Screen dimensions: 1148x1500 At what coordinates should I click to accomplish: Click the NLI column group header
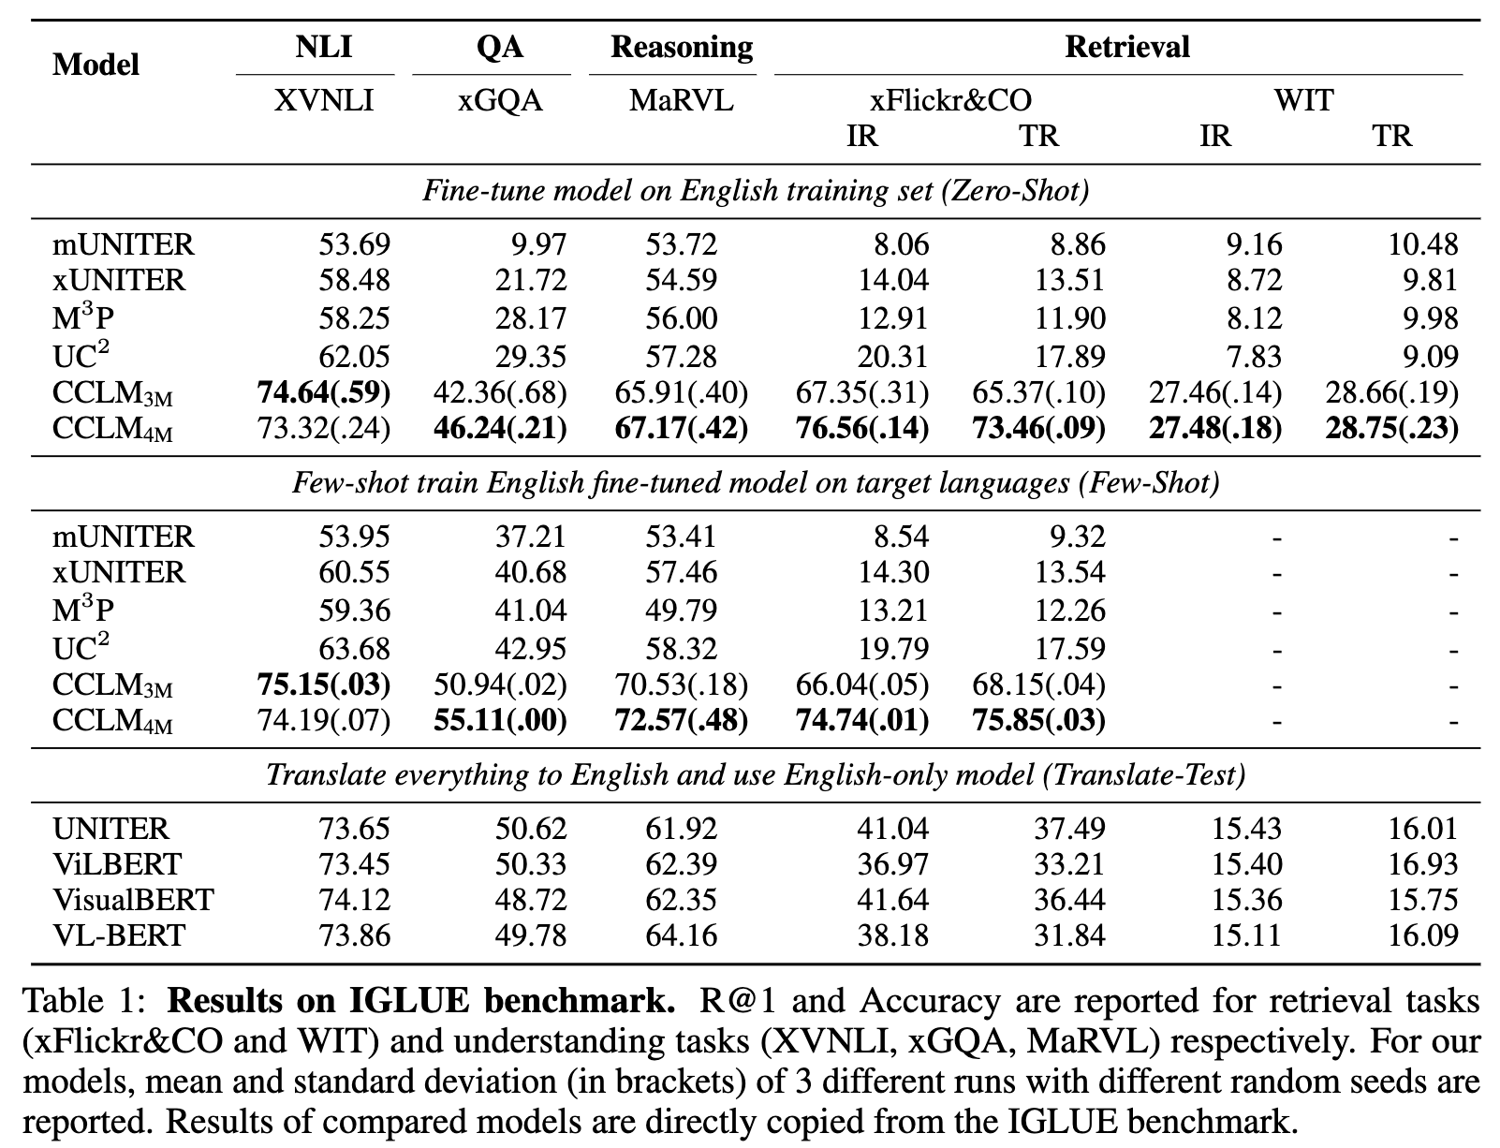(324, 47)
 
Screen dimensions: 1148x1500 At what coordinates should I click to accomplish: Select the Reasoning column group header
(681, 47)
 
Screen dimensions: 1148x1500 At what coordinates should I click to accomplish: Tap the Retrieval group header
(1126, 47)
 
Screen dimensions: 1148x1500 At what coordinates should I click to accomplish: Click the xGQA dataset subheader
(500, 100)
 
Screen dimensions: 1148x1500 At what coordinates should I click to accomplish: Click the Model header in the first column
(96, 65)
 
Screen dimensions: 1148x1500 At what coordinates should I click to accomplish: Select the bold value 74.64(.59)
(323, 392)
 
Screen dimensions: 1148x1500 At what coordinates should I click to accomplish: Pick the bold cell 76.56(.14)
(861, 428)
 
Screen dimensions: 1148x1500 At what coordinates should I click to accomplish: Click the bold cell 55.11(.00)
(500, 720)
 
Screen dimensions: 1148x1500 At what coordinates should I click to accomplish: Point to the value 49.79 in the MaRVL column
(681, 611)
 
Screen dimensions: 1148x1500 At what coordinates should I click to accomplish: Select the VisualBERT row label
(134, 900)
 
